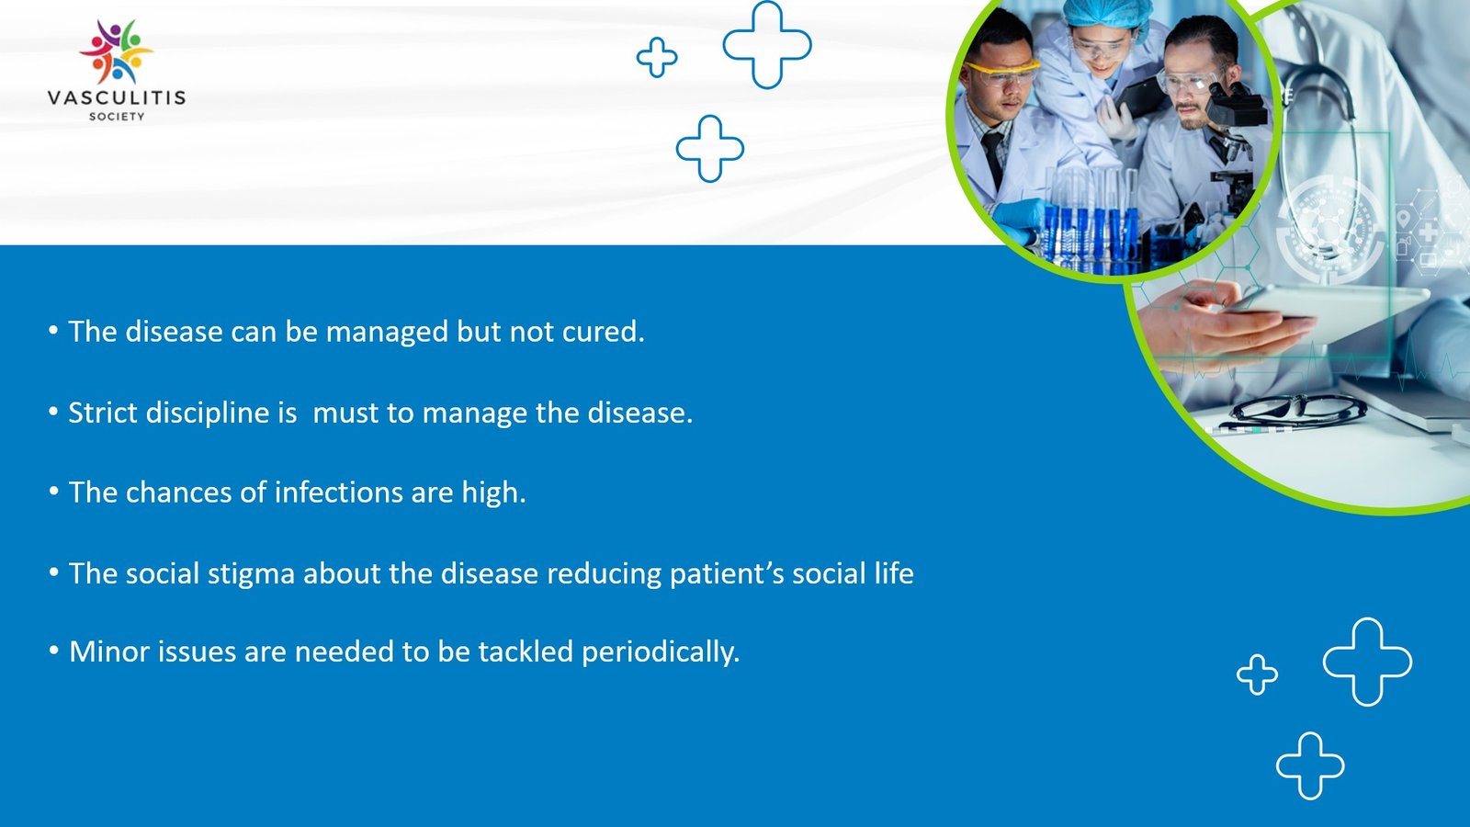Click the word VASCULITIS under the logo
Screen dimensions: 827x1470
[x=117, y=97]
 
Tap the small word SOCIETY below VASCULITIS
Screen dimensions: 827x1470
[x=117, y=117]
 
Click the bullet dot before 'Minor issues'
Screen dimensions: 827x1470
[x=54, y=651]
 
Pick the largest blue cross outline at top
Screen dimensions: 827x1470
[x=767, y=44]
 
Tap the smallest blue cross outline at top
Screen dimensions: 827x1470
[x=657, y=57]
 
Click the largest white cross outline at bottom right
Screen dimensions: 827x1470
[x=1367, y=662]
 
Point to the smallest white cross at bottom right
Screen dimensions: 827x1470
[x=1257, y=674]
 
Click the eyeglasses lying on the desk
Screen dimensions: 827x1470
[x=1295, y=409]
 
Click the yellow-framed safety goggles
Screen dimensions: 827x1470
[x=1001, y=69]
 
